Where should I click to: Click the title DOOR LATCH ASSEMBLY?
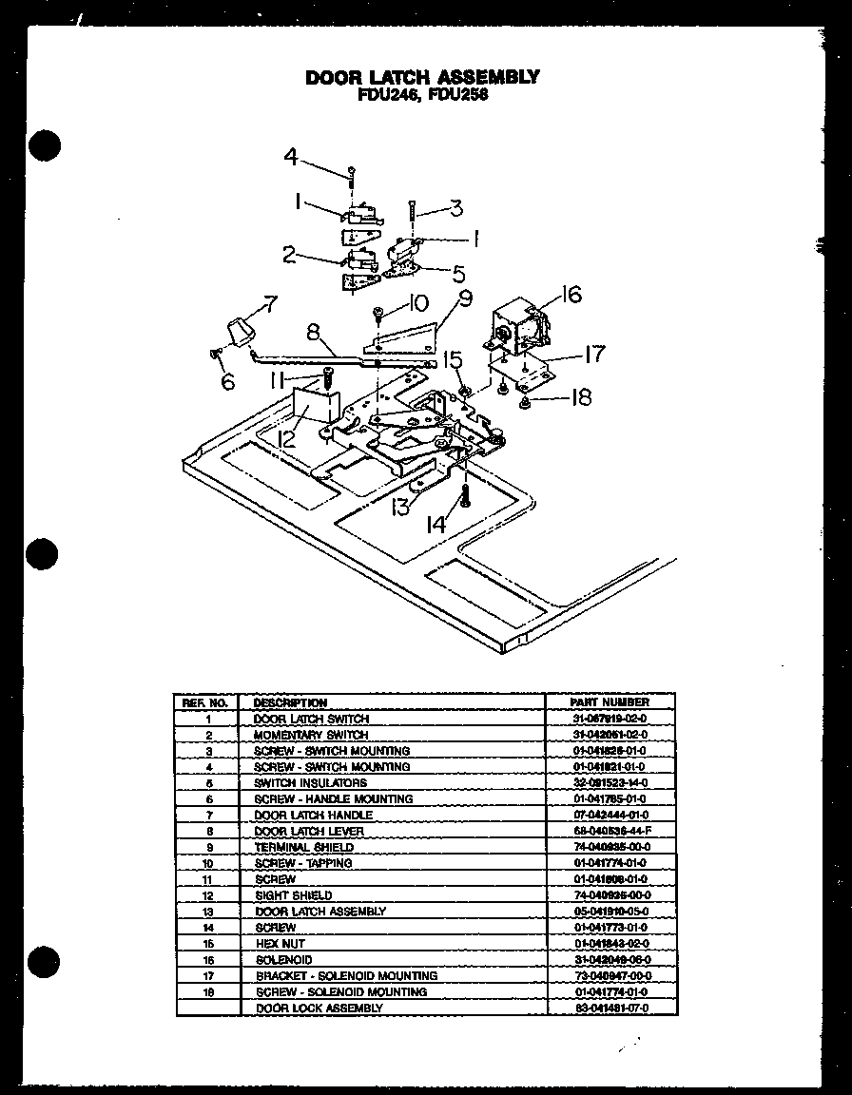pyautogui.click(x=422, y=77)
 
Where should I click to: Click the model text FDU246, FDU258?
pyautogui.click(x=422, y=95)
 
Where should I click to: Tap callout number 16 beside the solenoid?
pyautogui.click(x=571, y=296)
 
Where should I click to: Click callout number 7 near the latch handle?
pyautogui.click(x=270, y=304)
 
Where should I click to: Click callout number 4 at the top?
pyautogui.click(x=292, y=158)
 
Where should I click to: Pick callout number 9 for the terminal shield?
pyautogui.click(x=464, y=297)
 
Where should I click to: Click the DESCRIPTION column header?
pyautogui.click(x=290, y=702)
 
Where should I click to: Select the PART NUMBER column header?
pyautogui.click(x=610, y=702)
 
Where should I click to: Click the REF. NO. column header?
pyautogui.click(x=204, y=702)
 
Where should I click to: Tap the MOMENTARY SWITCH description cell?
pyautogui.click(x=311, y=735)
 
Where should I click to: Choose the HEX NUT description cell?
pyautogui.click(x=280, y=944)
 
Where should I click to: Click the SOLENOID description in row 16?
pyautogui.click(x=282, y=960)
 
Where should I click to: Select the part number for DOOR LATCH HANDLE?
pyautogui.click(x=610, y=815)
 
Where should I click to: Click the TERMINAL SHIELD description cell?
pyautogui.click(x=303, y=847)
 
